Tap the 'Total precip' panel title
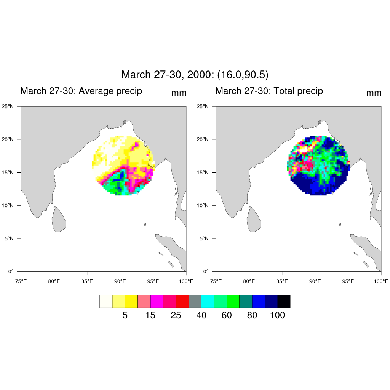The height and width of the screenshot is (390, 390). point(269,91)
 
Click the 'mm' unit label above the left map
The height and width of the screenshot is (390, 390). point(179,93)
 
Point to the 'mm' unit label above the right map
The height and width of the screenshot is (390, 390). point(374,93)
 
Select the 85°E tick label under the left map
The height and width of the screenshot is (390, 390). point(87,281)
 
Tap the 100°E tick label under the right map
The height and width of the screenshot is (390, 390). point(381,281)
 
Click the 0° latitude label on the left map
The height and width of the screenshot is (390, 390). point(11,272)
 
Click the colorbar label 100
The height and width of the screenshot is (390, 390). point(277,315)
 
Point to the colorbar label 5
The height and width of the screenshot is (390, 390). point(125,315)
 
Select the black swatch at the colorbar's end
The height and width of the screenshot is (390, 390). point(284,301)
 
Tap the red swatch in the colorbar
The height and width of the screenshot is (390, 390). point(182,301)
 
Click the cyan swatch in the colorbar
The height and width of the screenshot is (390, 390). point(208,301)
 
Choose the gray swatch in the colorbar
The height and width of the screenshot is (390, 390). point(195,301)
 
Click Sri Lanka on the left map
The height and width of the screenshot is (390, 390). point(59,220)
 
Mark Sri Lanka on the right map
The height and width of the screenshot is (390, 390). point(254,220)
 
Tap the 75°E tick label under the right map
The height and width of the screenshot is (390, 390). point(216,281)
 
